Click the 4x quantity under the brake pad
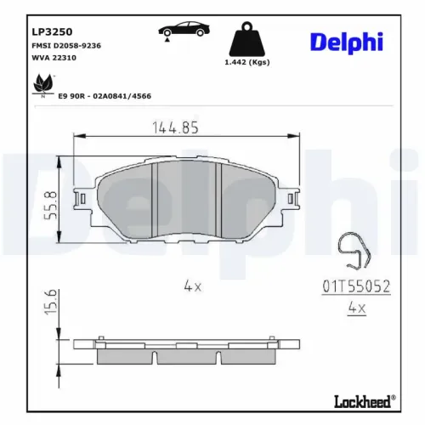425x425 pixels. coord(192,286)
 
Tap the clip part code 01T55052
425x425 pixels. coord(356,287)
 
